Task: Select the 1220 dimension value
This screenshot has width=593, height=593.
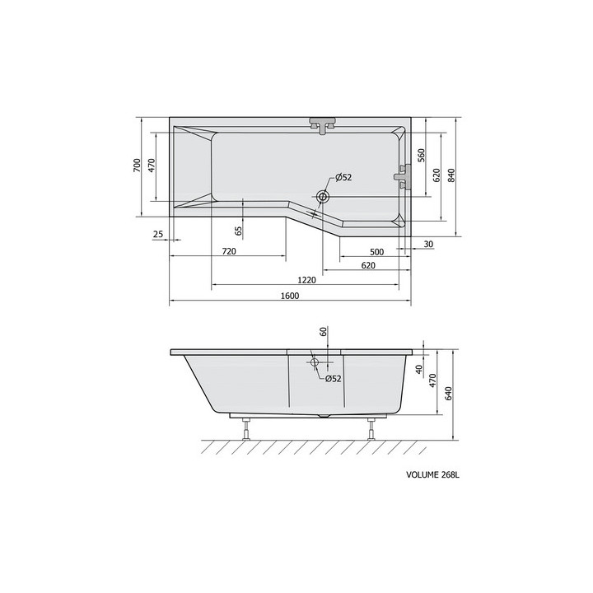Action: [x=306, y=280]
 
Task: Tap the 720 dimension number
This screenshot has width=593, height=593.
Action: [x=230, y=250]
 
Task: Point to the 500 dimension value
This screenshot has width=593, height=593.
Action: [x=377, y=250]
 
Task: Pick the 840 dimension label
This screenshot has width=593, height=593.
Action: [x=451, y=174]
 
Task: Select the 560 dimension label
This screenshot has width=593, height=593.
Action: [x=420, y=155]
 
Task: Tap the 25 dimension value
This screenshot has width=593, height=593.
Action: [x=157, y=236]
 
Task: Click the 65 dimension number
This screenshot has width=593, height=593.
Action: [x=239, y=231]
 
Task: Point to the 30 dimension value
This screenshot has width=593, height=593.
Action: [x=428, y=245]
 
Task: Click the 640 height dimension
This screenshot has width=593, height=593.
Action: [x=449, y=394]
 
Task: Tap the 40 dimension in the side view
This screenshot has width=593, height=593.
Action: [x=419, y=370]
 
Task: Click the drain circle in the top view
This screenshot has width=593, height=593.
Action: [x=323, y=198]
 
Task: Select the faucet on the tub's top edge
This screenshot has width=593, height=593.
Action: [x=324, y=124]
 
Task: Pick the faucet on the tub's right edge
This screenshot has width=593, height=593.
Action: [x=403, y=175]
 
